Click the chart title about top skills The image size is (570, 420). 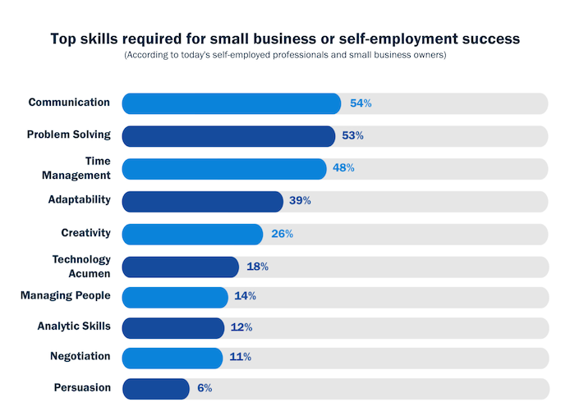(x=285, y=39)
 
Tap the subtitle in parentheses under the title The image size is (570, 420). (x=285, y=55)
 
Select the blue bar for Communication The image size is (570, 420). (x=232, y=103)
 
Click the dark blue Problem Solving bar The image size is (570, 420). (x=228, y=135)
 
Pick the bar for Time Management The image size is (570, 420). (x=224, y=168)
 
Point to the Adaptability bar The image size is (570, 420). (x=202, y=201)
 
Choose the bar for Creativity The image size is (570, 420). (x=192, y=234)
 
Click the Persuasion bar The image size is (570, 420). (x=156, y=388)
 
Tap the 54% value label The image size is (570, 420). (x=361, y=103)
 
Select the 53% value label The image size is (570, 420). (x=354, y=135)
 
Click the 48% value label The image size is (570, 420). (x=344, y=168)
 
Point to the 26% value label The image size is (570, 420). (x=283, y=234)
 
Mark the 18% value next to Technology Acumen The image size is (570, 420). (x=258, y=267)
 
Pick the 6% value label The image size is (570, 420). (x=205, y=388)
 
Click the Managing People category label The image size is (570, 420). (x=66, y=294)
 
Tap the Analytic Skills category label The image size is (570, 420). (x=74, y=326)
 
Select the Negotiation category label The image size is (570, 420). (x=80, y=356)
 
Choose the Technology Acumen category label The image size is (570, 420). (x=81, y=267)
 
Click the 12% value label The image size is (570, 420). (x=241, y=327)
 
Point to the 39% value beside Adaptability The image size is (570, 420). (x=300, y=201)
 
